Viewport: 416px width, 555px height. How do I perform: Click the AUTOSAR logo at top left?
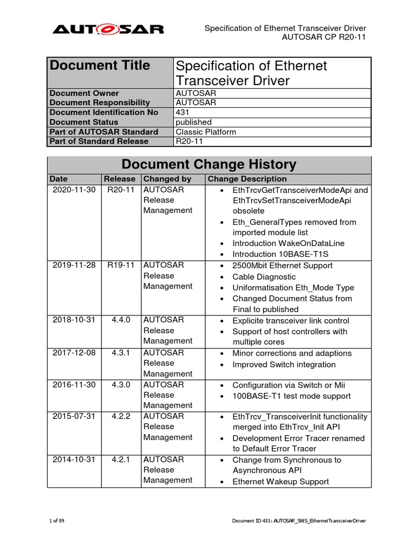coord(108,29)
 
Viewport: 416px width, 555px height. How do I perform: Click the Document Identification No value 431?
coord(183,112)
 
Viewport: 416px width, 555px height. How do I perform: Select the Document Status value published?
coord(193,122)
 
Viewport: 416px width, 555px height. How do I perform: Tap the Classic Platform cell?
coord(206,132)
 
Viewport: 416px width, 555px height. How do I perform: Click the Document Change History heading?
coord(209,164)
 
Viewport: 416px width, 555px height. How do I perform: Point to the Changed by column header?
coord(167,179)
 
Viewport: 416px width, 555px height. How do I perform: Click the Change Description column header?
coord(247,179)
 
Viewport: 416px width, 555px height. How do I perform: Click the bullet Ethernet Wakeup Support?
coord(280,481)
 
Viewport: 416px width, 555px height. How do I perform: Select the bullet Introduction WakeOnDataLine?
coord(288,243)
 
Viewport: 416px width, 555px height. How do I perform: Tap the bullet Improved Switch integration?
coord(284,365)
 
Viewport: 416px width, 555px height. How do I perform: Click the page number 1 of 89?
coord(57,521)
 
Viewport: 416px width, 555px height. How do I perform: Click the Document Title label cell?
coord(100,66)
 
